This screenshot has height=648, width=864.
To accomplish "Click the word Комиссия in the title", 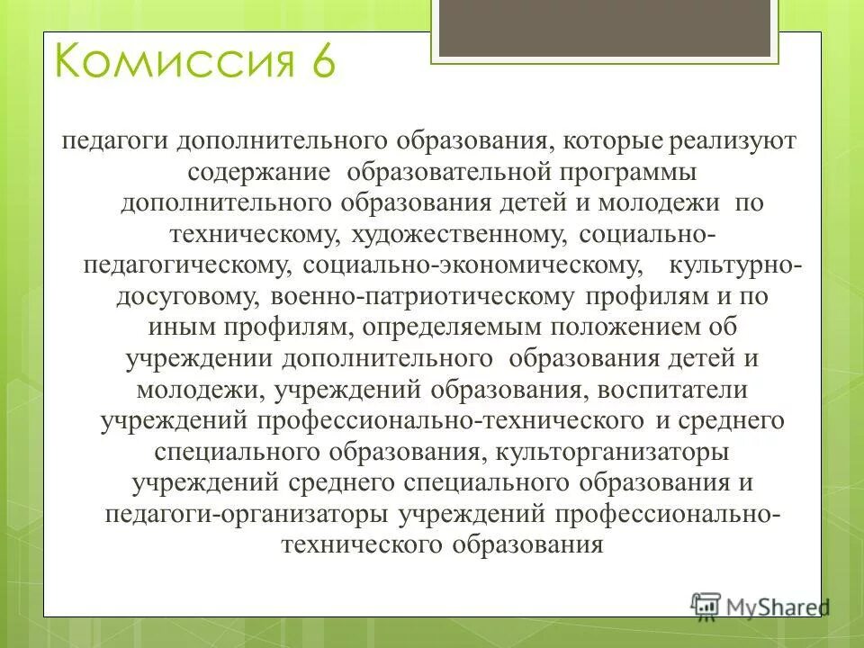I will (x=166, y=64).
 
